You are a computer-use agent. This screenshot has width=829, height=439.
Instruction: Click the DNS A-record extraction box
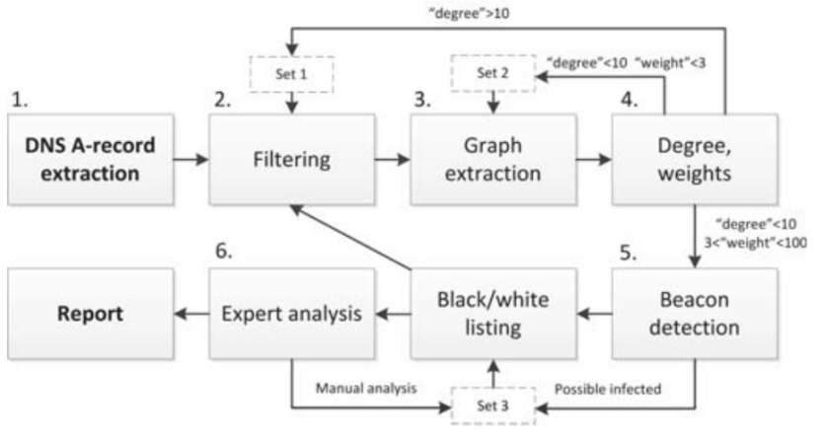91,159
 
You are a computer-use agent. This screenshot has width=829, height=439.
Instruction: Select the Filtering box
292,159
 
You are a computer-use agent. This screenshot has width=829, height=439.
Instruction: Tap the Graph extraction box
493,159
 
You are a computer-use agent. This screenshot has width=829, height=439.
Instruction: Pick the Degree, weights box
695,159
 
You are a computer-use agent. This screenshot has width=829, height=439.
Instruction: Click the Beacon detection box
695,314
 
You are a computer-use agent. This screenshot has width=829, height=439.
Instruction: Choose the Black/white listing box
493,314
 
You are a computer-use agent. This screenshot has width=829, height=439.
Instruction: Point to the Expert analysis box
292,314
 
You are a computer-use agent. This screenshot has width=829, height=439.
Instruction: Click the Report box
91,314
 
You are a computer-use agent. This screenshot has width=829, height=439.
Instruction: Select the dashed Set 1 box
291,74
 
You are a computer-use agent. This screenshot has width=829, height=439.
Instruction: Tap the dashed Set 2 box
492,73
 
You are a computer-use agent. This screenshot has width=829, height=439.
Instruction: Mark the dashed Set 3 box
492,405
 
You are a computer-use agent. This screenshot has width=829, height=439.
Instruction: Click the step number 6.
224,251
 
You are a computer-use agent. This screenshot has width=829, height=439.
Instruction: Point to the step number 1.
20,100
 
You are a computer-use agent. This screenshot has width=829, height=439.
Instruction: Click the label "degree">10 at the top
470,13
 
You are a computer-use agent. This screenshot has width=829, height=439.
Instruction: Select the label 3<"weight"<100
756,243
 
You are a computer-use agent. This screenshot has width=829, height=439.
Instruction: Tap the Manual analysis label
366,389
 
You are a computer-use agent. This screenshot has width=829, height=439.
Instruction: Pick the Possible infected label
608,390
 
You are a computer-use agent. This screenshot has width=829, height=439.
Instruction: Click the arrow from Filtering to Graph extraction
393,159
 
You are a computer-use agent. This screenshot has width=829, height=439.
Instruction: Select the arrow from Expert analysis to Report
191,314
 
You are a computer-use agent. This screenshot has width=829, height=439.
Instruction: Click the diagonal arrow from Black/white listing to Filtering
351,237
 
